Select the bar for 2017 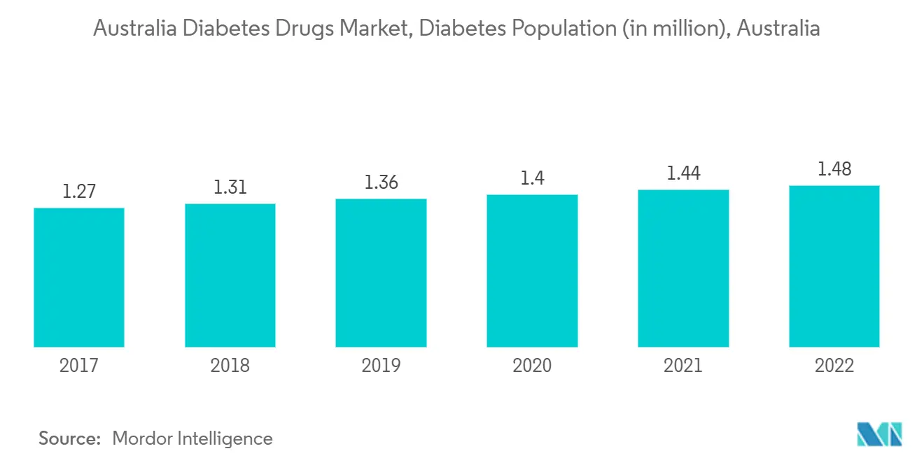tap(79, 278)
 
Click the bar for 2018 tap(230, 276)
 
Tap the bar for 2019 tap(381, 273)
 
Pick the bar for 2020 tap(532, 271)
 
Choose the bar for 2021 tap(683, 269)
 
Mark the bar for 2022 tap(834, 266)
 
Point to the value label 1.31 tap(230, 187)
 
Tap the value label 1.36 tap(381, 183)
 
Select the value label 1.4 tap(532, 178)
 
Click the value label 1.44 tap(683, 173)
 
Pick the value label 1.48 tap(834, 169)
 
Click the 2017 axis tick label tap(79, 366)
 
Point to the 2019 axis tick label tap(381, 366)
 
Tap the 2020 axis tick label tap(532, 366)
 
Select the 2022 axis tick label tap(834, 366)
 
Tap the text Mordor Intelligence tap(192, 438)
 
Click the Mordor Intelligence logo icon tap(880, 434)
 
